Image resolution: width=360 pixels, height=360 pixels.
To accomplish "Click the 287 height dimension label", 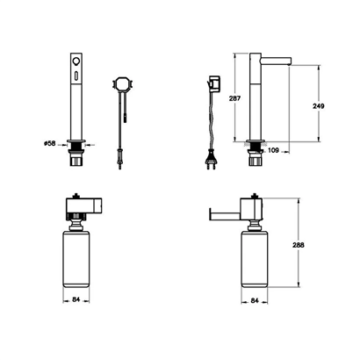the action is [234, 98].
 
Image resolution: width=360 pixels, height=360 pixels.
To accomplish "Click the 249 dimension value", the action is [319, 106].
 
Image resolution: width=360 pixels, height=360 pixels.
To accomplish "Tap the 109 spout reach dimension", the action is [273, 150].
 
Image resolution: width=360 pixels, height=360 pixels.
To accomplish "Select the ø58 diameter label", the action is [49, 144].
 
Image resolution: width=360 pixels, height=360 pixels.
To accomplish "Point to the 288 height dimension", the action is [299, 245].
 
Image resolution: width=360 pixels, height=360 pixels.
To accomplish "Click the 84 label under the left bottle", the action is [76, 299].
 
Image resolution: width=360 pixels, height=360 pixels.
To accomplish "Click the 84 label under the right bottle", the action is [255, 300].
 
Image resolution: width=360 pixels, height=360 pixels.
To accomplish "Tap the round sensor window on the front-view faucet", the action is [76, 61].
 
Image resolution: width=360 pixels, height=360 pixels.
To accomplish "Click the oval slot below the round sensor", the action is [76, 75].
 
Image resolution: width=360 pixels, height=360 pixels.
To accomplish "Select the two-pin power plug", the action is [212, 162].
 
